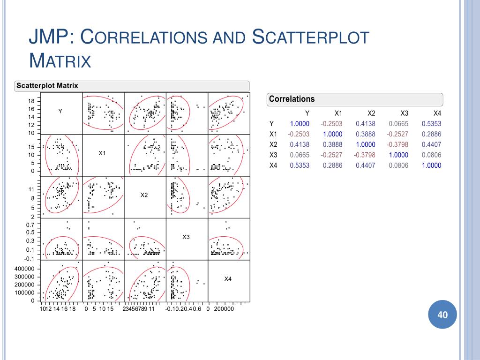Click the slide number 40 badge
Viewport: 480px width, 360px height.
[x=442, y=315]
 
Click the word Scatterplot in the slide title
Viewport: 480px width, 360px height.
[x=311, y=38]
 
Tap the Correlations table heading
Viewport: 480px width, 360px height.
[x=292, y=99]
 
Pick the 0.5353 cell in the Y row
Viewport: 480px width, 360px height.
[x=431, y=124]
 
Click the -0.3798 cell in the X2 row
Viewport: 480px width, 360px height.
[x=398, y=144]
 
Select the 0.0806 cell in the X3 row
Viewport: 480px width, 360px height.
[x=431, y=155]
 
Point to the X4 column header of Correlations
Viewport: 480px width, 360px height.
[x=437, y=113]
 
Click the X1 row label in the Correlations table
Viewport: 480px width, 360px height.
[x=274, y=134]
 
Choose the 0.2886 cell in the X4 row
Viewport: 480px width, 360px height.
[x=333, y=165]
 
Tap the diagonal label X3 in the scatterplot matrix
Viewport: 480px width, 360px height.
[x=186, y=237]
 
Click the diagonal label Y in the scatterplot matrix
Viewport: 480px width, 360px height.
[x=60, y=111]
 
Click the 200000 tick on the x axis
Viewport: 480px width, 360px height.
[x=224, y=309]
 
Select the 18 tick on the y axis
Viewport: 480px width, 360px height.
[x=31, y=101]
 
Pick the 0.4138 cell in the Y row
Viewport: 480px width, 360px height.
[x=366, y=124]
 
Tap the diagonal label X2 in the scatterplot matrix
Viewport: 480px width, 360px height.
[x=144, y=195]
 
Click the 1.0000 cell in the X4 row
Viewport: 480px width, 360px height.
[x=431, y=165]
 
